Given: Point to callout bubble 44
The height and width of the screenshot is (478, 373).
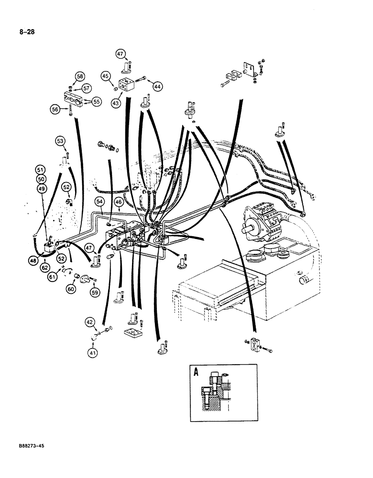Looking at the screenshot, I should [x=157, y=86].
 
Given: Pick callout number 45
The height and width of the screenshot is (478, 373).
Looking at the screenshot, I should [x=105, y=76].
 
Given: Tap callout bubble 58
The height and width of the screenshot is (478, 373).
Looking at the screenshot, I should [x=79, y=76].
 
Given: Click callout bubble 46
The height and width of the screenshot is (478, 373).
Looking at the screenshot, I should [x=119, y=203].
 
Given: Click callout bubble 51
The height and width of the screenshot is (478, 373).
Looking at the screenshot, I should [x=41, y=169].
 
